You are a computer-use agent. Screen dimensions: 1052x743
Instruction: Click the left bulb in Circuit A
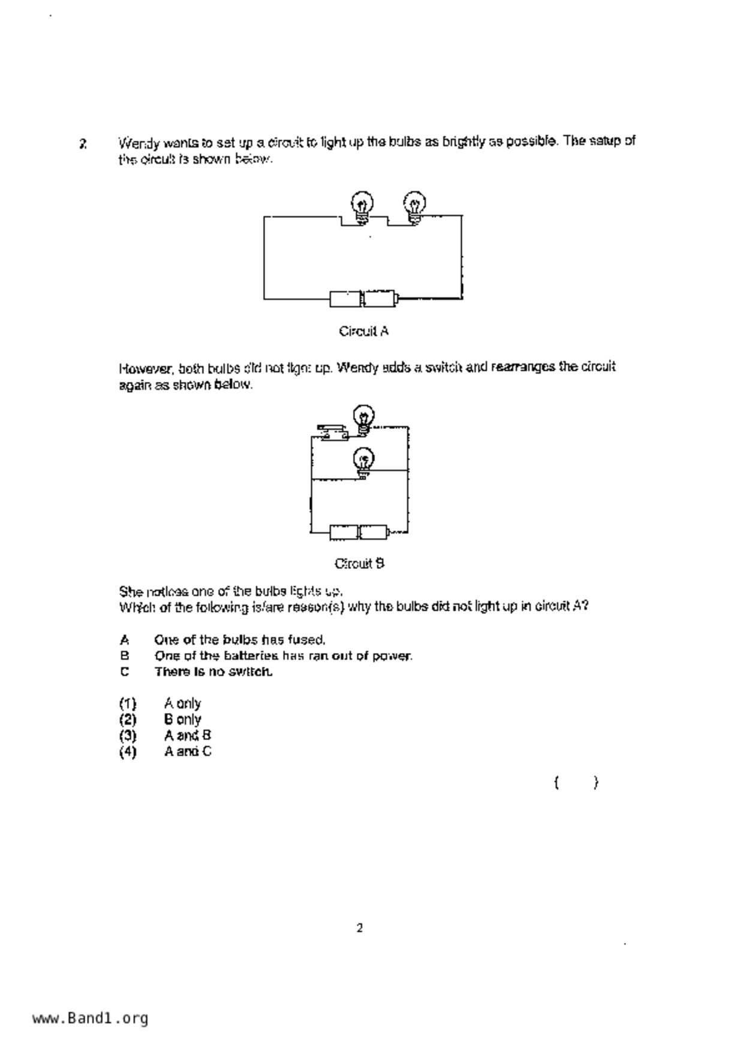coord(362,206)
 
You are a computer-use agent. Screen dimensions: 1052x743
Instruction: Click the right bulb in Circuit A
coord(414,206)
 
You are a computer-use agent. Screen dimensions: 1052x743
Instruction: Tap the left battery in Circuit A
coord(345,298)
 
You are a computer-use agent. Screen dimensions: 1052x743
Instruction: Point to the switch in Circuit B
coord(332,432)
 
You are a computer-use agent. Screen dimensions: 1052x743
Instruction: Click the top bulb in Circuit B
coord(363,418)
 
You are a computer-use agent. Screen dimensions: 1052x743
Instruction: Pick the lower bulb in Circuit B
coord(363,462)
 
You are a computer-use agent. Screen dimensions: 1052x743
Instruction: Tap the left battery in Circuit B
coord(344,532)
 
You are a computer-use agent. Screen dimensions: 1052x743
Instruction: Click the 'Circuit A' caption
coord(363,331)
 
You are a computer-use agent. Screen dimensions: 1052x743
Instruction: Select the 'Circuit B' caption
coord(359,564)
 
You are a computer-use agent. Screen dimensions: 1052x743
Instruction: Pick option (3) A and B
coord(187,735)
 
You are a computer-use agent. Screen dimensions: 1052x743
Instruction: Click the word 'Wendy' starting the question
coord(139,143)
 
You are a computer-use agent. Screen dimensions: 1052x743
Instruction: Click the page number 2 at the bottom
coord(360,928)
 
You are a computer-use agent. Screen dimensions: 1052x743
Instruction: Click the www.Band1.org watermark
coord(90,1018)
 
